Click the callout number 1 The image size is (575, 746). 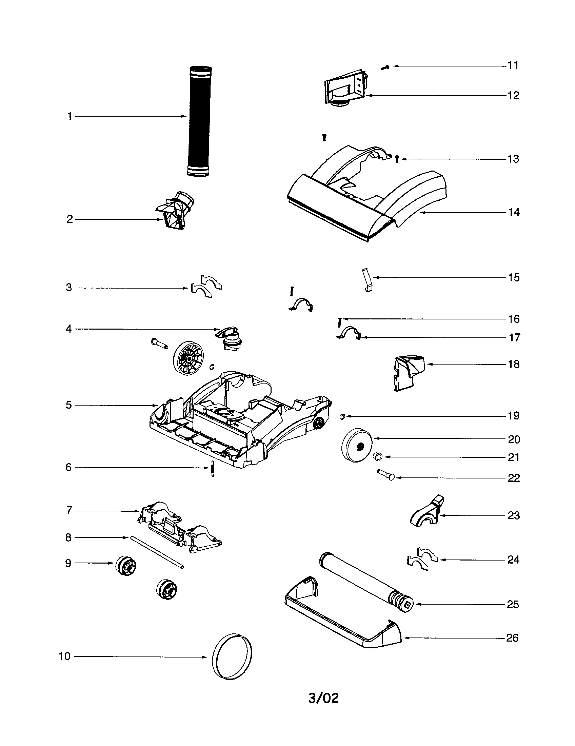click(x=70, y=116)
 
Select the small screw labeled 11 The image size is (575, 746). click(x=385, y=67)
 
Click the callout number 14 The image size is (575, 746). click(x=514, y=213)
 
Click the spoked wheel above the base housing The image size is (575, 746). click(x=186, y=359)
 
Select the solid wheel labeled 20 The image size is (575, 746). click(x=356, y=445)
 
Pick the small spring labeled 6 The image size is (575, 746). click(x=213, y=468)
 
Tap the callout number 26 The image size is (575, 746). click(x=512, y=638)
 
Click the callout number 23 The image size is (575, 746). click(x=514, y=515)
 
